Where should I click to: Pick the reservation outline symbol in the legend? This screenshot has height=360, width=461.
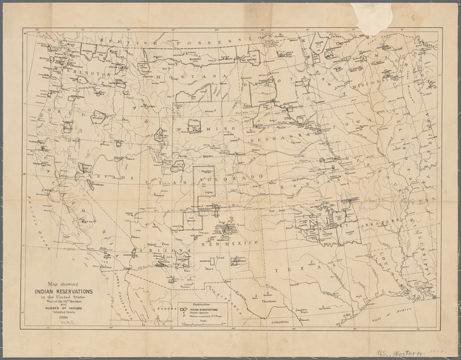[x=185, y=307]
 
